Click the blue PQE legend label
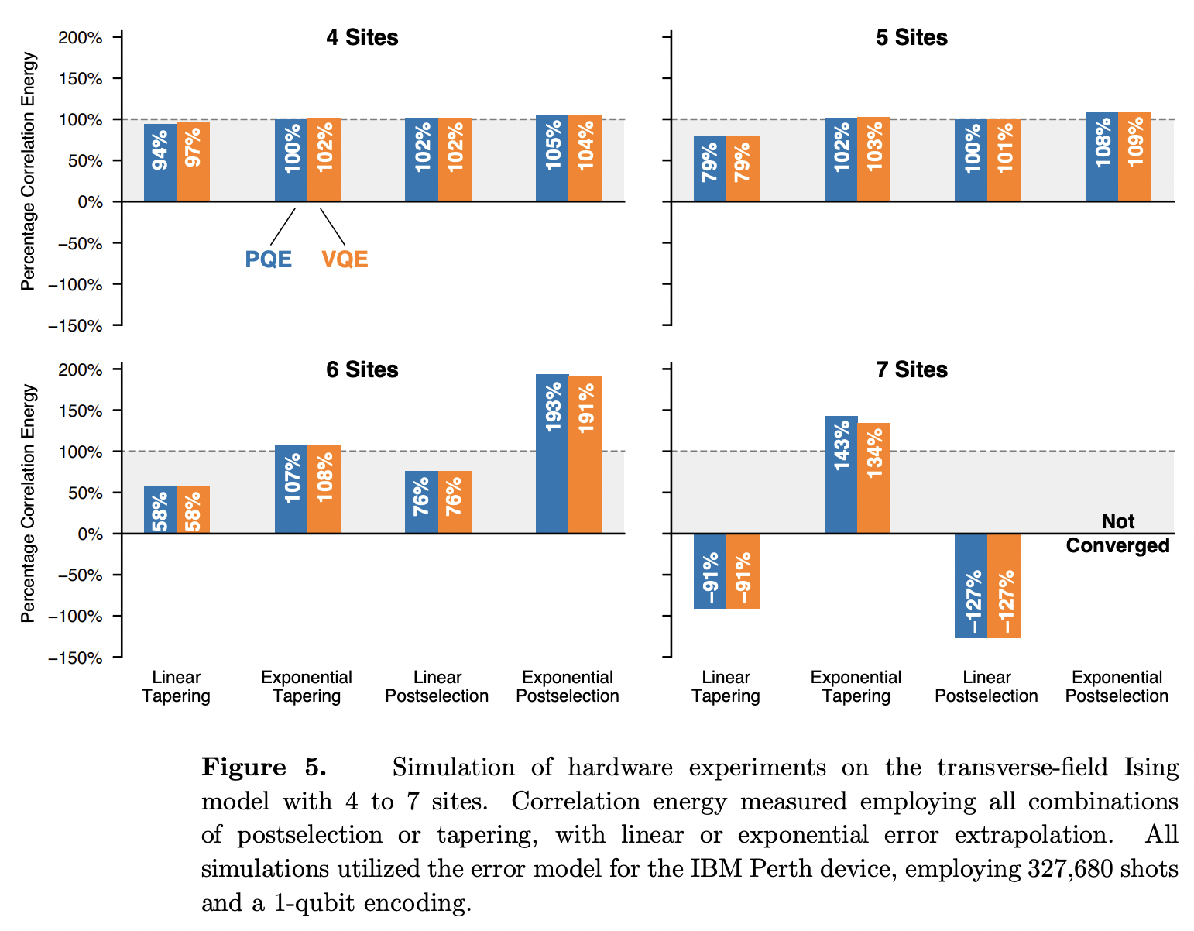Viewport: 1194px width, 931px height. [268, 259]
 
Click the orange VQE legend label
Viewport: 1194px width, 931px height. [345, 259]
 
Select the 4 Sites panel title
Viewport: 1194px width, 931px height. [362, 37]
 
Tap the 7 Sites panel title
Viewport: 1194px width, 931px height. [911, 369]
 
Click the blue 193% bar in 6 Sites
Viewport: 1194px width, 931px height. [552, 453]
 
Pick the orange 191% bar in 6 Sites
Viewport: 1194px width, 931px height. [585, 455]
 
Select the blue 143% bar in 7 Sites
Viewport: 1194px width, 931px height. [841, 474]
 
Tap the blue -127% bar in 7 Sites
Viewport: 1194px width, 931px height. [971, 586]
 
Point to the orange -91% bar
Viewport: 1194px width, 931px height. [743, 571]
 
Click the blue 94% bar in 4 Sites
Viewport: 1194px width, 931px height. [160, 162]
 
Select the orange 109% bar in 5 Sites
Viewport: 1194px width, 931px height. [1134, 156]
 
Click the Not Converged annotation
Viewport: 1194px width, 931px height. [1117, 533]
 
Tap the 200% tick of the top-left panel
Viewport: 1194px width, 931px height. [81, 37]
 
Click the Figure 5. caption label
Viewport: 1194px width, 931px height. [264, 768]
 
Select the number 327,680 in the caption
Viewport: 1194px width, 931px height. [1067, 869]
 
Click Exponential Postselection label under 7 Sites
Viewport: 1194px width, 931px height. [1117, 686]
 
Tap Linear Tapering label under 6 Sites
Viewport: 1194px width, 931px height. [177, 686]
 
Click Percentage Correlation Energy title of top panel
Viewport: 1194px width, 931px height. [29, 170]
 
